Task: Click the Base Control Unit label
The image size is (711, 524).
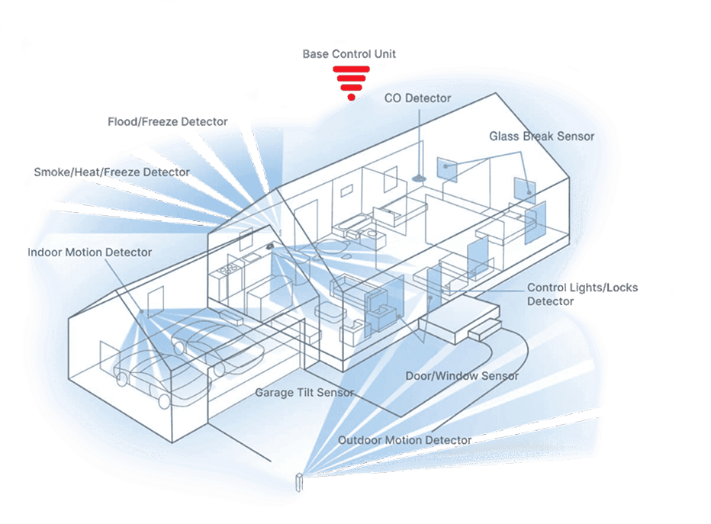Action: tap(349, 55)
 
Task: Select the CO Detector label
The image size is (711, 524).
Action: tap(417, 98)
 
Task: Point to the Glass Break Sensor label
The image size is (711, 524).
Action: tap(541, 137)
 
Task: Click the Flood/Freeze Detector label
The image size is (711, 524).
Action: tap(167, 122)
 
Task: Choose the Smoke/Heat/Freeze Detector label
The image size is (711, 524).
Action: tap(111, 172)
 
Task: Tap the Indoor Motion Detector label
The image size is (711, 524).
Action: tap(90, 252)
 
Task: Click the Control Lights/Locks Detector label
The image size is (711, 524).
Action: tap(582, 294)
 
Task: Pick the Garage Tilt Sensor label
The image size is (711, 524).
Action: tap(304, 393)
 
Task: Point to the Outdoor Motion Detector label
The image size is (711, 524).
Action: tap(404, 441)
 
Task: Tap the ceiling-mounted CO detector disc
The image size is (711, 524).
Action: tap(418, 178)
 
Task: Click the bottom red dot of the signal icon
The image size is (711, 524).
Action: tap(351, 97)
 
